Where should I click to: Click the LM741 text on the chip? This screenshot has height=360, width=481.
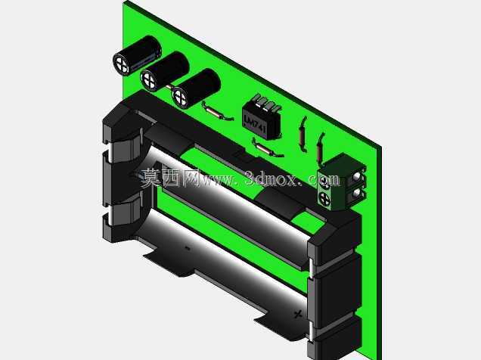(x=254, y=123)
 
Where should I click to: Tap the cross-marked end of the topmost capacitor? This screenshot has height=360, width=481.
(x=122, y=64)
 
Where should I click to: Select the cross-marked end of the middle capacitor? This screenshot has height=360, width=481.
(x=149, y=79)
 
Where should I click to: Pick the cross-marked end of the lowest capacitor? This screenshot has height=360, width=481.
(x=180, y=98)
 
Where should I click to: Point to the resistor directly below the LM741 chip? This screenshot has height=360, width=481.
(x=267, y=148)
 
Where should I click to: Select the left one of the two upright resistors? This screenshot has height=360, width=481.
(x=303, y=135)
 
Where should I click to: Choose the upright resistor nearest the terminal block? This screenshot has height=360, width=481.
(x=320, y=148)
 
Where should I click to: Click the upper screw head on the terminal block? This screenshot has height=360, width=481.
(x=324, y=182)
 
